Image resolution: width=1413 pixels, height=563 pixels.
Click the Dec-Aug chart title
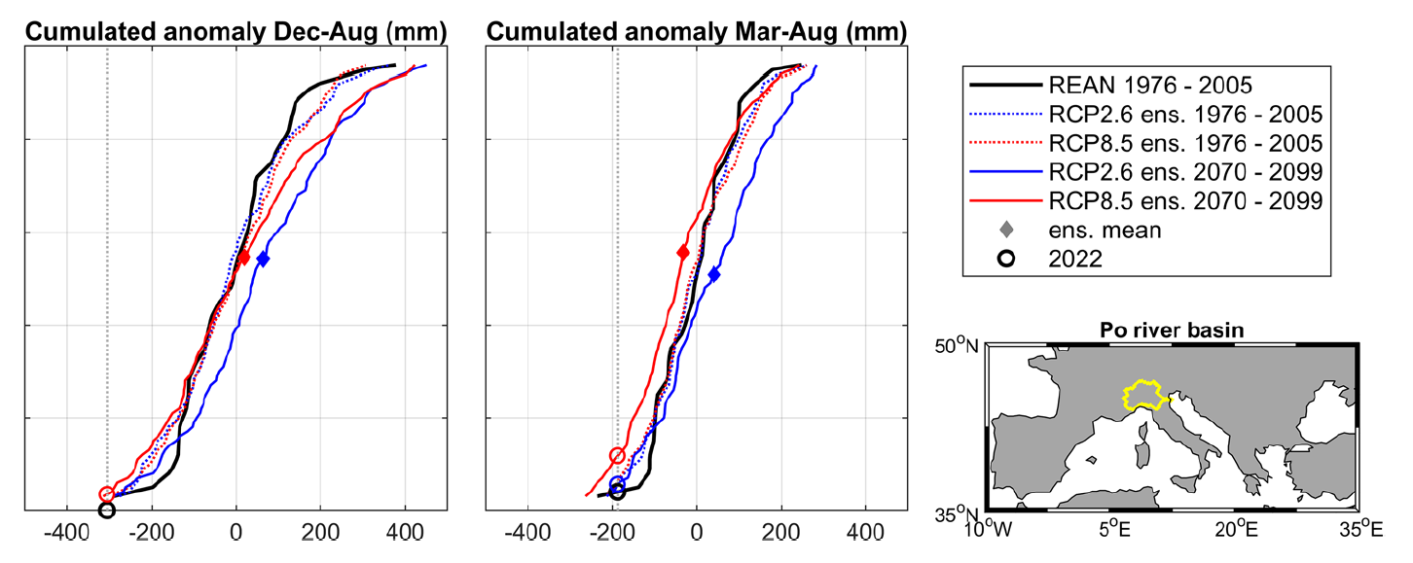click(x=235, y=32)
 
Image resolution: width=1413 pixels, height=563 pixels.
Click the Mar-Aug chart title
click(x=697, y=32)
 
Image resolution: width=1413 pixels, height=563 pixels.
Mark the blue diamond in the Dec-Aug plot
click(x=262, y=259)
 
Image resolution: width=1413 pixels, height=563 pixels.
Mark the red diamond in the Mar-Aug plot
click(x=683, y=253)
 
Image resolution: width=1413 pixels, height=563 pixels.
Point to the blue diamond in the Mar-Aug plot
click(x=714, y=275)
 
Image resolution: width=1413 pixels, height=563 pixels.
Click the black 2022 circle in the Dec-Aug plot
click(x=107, y=510)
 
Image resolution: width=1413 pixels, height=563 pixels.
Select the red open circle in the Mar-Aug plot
click(x=616, y=455)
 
